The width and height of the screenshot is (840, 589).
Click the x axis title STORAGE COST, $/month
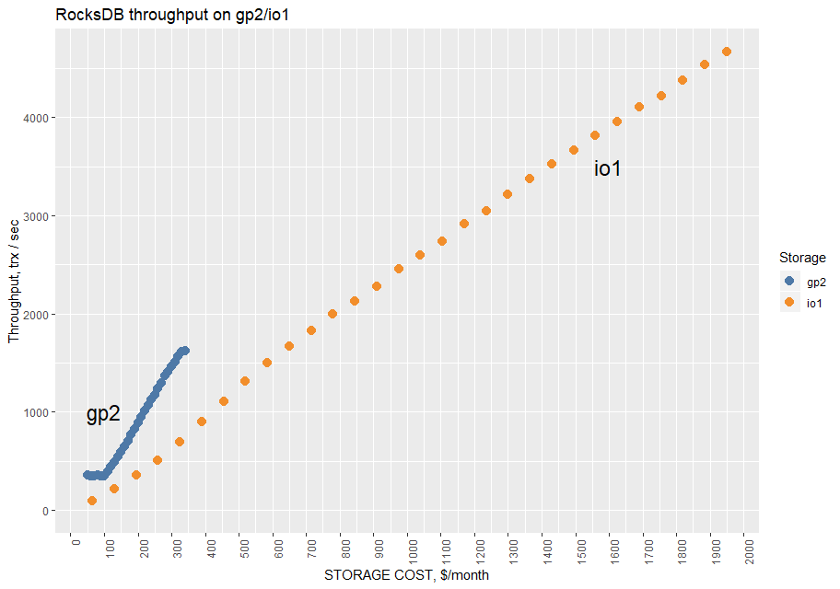coord(406,576)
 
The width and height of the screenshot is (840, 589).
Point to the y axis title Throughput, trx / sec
coord(14,280)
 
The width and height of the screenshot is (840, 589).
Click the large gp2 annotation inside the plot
coord(103,414)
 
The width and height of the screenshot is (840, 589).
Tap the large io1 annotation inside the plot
coord(608,168)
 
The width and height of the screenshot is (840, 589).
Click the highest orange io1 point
coord(727,52)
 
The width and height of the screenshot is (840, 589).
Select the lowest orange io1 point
coord(92,501)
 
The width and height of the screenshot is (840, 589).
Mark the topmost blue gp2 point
coord(184,351)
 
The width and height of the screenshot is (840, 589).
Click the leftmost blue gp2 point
coord(87,475)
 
